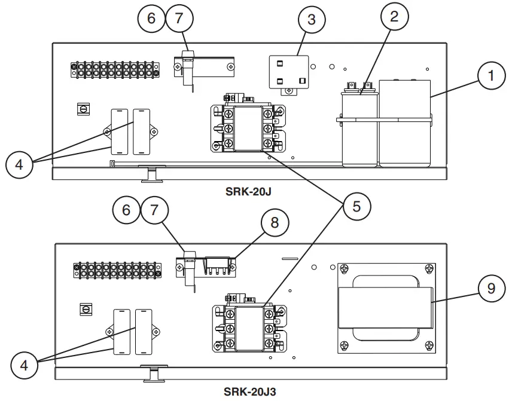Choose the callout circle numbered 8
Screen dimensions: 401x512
click(274, 223)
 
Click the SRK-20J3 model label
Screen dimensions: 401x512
click(250, 391)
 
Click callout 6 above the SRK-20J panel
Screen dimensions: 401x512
click(152, 18)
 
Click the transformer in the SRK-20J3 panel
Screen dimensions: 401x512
click(385, 307)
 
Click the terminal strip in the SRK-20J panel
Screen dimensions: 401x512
click(115, 69)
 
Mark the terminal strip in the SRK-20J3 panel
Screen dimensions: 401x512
click(117, 270)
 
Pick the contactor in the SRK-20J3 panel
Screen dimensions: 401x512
click(248, 327)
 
